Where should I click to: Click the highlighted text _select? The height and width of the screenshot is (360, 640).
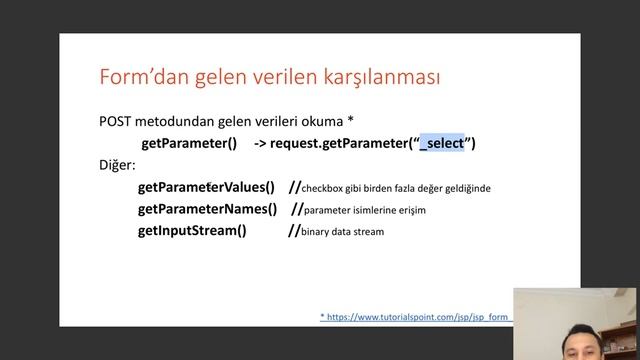[x=442, y=143]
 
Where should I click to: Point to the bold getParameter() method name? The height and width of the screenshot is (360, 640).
[x=189, y=143]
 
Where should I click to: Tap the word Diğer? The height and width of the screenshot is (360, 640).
[x=117, y=164]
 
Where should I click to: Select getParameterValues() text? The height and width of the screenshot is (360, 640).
[x=206, y=187]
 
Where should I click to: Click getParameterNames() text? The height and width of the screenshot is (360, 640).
[x=207, y=209]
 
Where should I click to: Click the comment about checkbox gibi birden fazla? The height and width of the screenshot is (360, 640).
[x=396, y=188]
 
